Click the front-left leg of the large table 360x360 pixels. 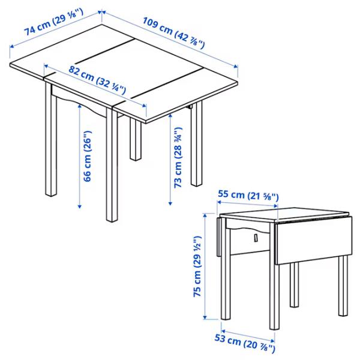50,144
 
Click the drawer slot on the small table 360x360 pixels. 254,239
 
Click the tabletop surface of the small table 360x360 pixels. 282,214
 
